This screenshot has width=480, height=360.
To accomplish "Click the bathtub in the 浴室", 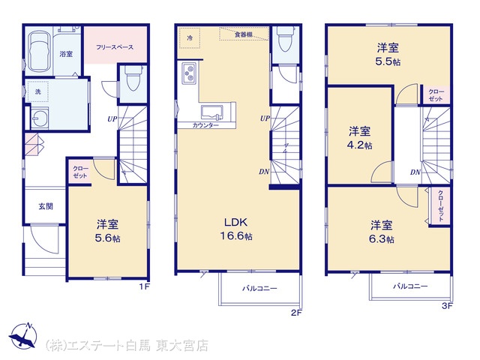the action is (x=39, y=51).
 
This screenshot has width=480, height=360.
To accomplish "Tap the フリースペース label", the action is (x=115, y=47).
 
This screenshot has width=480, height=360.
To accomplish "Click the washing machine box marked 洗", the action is (x=37, y=91).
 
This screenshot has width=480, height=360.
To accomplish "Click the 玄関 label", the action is (x=46, y=206).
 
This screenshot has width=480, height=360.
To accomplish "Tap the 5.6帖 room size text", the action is (x=107, y=238).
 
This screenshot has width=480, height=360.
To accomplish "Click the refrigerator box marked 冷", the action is (x=190, y=38).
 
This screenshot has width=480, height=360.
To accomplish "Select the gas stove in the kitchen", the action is (x=189, y=73).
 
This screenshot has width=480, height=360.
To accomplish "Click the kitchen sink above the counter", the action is (x=211, y=112).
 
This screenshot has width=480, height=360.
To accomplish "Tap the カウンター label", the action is (x=205, y=125).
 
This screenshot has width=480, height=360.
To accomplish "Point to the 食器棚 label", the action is (x=243, y=34).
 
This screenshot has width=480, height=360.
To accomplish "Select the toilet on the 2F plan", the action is (x=284, y=38).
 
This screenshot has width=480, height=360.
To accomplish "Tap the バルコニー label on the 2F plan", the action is (x=260, y=288).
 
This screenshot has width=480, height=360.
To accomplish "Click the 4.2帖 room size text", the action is (x=359, y=145).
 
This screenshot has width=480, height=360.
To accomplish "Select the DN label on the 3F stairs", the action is (x=415, y=172).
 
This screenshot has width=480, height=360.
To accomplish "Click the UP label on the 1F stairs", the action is (x=112, y=118).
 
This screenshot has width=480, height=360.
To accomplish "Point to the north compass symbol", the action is (x=23, y=334).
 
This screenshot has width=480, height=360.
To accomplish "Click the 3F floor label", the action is (x=447, y=306).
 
